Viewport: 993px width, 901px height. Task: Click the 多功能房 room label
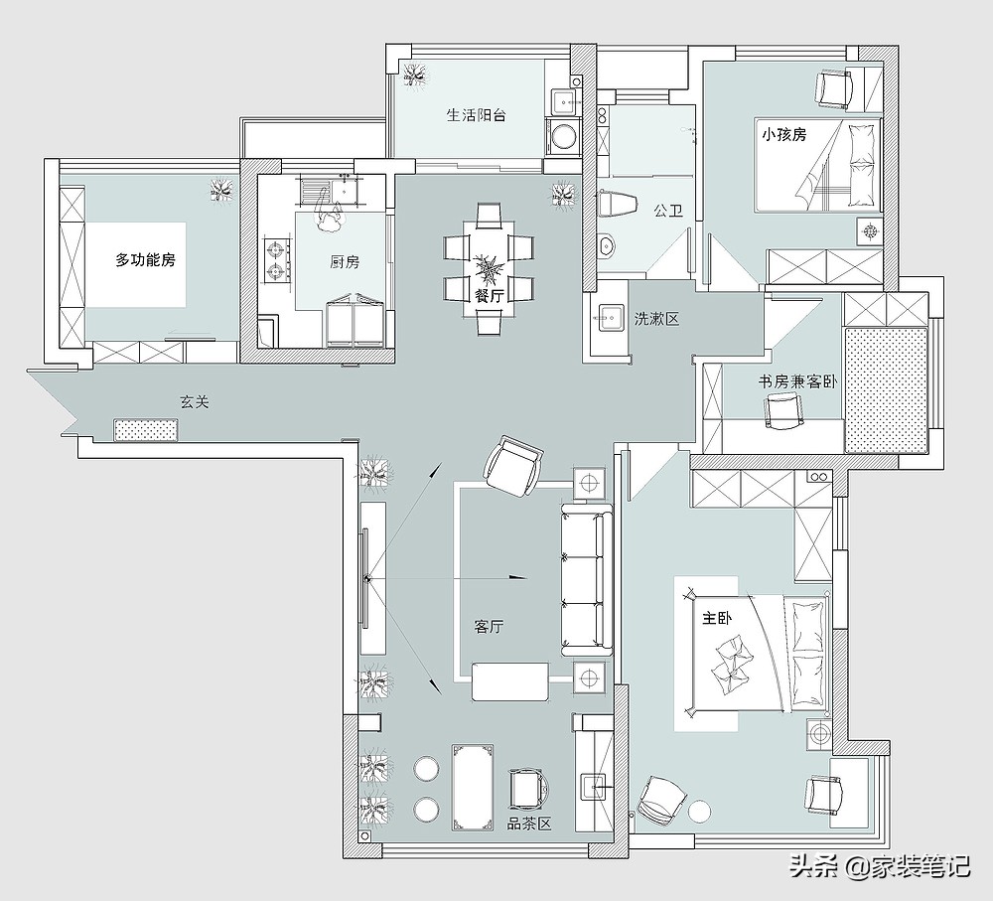click(145, 259)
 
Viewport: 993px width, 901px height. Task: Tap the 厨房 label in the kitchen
click(345, 261)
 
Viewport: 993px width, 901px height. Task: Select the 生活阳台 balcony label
click(477, 115)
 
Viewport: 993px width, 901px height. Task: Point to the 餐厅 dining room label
click(489, 294)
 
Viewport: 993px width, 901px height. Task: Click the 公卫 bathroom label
click(668, 211)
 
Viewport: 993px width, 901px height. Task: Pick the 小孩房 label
click(784, 134)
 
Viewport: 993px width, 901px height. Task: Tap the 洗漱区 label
click(656, 319)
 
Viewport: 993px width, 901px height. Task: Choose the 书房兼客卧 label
click(798, 381)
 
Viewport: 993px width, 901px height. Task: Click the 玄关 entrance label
click(194, 401)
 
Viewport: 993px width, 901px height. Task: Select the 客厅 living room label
click(489, 627)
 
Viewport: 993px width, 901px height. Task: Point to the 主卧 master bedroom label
click(716, 617)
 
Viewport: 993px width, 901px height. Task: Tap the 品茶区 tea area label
click(529, 824)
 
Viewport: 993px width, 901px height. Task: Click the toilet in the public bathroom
click(617, 204)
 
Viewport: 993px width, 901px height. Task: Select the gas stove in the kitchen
click(277, 260)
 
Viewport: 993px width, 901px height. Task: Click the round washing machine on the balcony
click(561, 136)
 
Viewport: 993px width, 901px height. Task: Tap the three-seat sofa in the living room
click(587, 579)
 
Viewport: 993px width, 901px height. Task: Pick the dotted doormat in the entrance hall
click(146, 429)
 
